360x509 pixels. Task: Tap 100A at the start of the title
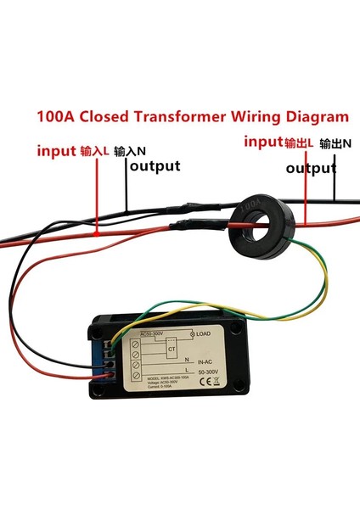pyautogui.click(x=53, y=116)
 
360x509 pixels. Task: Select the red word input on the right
pyautogui.click(x=262, y=142)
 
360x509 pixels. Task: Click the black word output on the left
pyautogui.click(x=155, y=165)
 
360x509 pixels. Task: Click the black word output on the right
pyautogui.click(x=312, y=169)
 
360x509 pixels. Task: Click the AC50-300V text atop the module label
pyautogui.click(x=155, y=333)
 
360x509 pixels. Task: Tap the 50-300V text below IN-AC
pyautogui.click(x=207, y=371)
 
